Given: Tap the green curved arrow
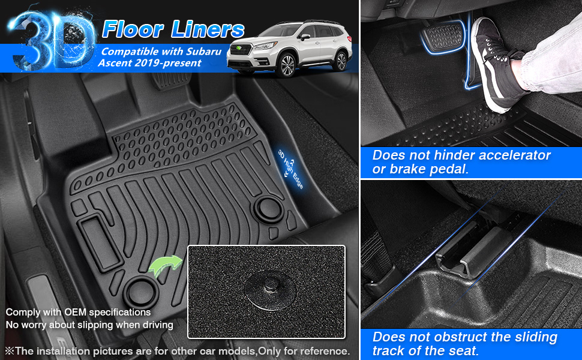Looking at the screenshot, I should click(164, 265).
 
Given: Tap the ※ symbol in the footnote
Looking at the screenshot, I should click(10, 350).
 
